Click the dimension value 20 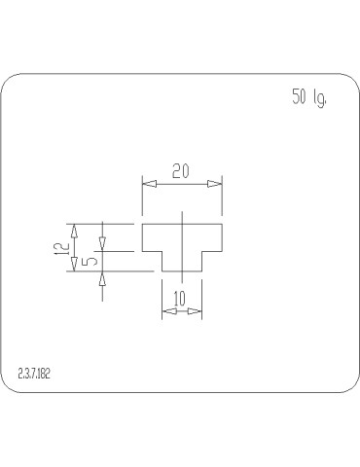coord(181,171)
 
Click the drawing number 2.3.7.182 coord(35,374)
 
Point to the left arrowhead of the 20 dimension coord(149,182)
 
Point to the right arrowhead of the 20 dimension coord(217,182)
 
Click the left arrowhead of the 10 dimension coord(166,310)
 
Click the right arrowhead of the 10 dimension coord(196,310)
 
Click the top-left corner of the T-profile coord(143,225)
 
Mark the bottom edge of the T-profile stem coord(182,271)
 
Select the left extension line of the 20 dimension coord(142,199)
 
